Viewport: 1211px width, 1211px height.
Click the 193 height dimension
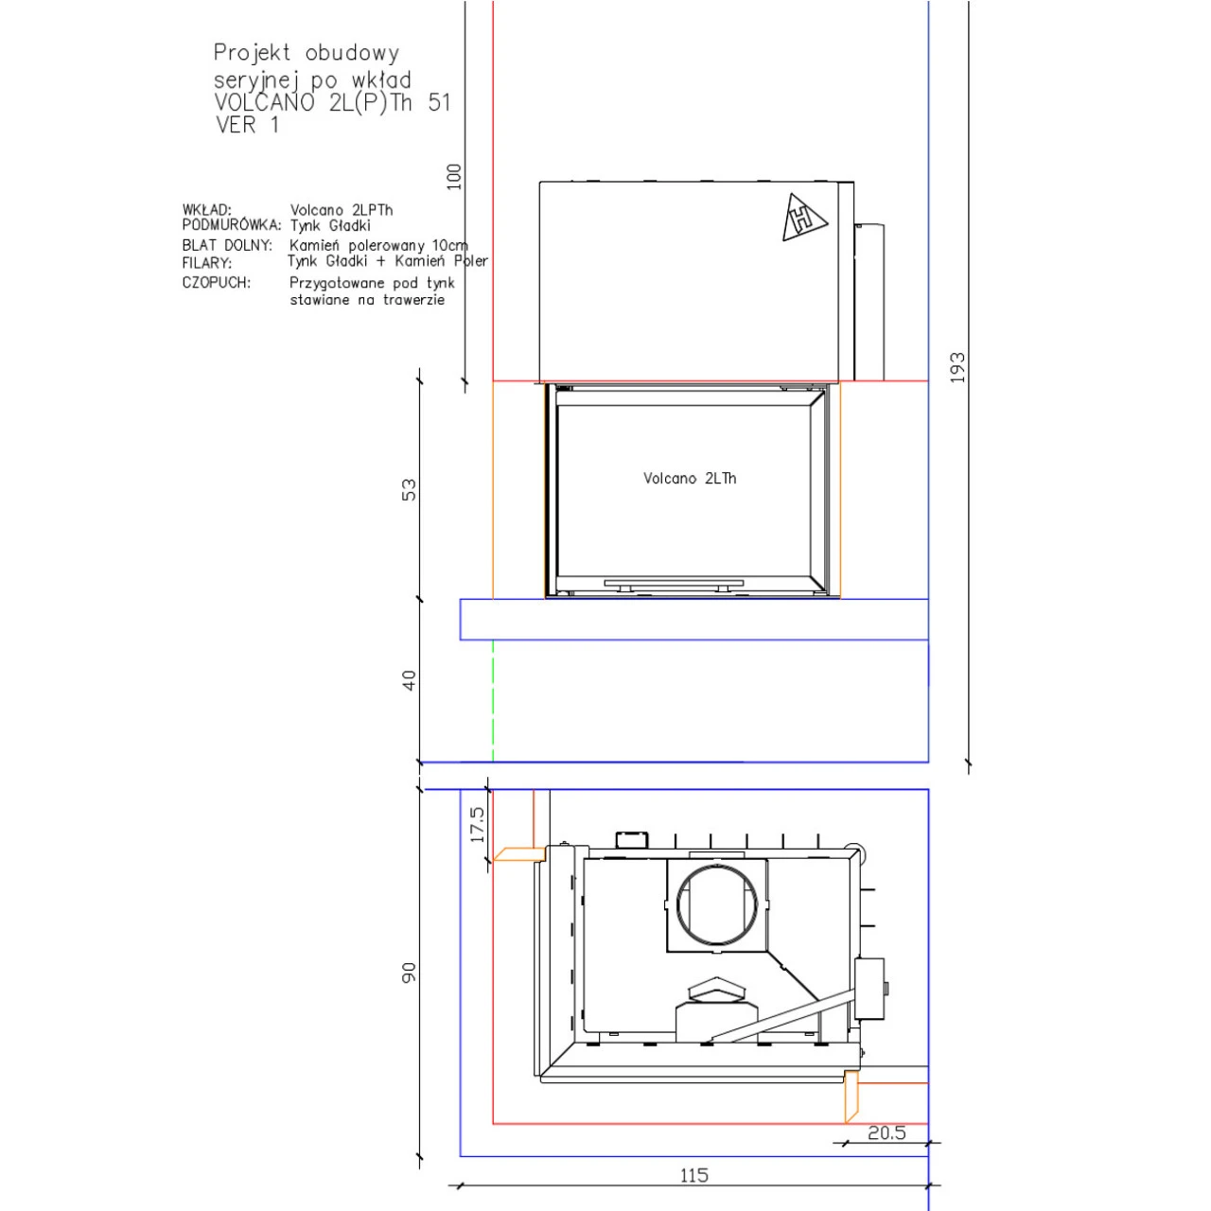[x=957, y=367]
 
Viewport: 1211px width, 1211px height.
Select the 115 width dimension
[x=693, y=1175]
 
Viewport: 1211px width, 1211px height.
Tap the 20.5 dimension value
[x=886, y=1132]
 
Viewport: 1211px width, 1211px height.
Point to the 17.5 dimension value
[x=478, y=824]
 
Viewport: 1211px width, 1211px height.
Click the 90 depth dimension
[x=409, y=972]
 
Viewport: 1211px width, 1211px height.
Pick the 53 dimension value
[x=409, y=490]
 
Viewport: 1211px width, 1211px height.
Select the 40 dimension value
[x=409, y=680]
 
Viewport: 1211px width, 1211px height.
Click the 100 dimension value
[x=454, y=177]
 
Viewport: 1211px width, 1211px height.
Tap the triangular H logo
[x=803, y=218]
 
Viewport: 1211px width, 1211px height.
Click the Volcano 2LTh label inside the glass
[x=690, y=479]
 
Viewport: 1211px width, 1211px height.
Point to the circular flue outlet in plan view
[x=717, y=905]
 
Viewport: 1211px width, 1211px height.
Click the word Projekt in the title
[x=252, y=53]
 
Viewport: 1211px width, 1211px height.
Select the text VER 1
[x=247, y=125]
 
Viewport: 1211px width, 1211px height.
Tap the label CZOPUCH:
[x=217, y=283]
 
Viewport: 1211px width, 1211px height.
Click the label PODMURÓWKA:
[x=232, y=225]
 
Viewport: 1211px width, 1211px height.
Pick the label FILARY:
[x=207, y=263]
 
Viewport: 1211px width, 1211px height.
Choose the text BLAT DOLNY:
[x=227, y=245]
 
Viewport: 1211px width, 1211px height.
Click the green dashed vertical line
[x=493, y=700]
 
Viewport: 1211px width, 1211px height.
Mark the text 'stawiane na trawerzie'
[x=367, y=300]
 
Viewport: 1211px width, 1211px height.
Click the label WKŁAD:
[x=207, y=210]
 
